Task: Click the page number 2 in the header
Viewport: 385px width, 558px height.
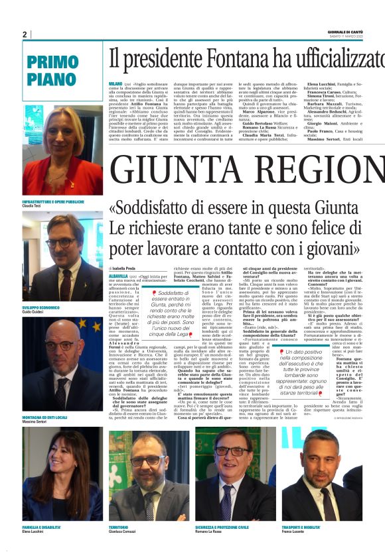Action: coord(25,34)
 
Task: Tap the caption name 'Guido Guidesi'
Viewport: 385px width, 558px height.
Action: coord(38,311)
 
